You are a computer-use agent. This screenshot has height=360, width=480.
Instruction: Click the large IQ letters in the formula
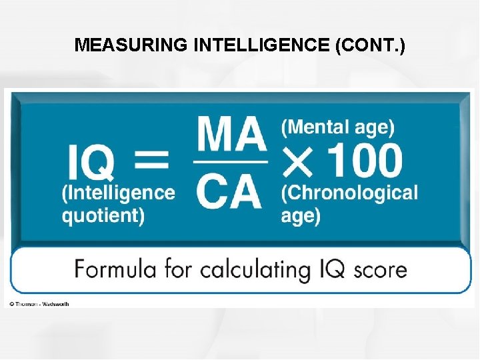pos(91,163)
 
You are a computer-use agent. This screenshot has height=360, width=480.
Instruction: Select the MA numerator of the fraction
pos(231,134)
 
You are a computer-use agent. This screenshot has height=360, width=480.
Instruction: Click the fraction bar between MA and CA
pos(231,161)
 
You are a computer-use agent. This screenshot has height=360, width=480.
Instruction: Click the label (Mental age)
pos(337,127)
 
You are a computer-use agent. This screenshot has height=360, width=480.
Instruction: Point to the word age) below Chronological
pos(301,216)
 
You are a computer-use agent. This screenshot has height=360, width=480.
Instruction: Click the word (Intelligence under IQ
pos(119,193)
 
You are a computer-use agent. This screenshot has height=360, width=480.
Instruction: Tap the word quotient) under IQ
pos(103,216)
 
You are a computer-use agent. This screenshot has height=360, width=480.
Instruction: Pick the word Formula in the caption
pos(113,269)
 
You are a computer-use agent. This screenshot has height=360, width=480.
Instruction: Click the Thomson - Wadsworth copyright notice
pos(39,304)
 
